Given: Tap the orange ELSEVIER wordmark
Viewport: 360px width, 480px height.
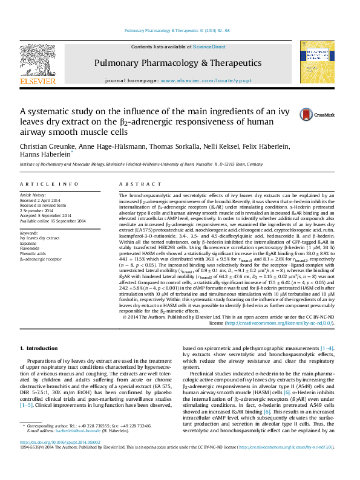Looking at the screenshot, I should click(30, 80).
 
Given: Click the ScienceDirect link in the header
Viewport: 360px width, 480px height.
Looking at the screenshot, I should click(209, 47).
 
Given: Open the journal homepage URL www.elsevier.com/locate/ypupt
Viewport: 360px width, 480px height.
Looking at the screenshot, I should click(199, 80).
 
